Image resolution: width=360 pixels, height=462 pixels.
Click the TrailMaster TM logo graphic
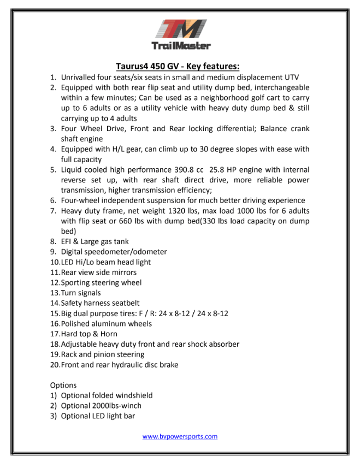coord(180,29)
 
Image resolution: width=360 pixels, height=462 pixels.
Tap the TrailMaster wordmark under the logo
coord(180,46)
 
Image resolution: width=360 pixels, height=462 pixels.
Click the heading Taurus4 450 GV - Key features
coord(179,66)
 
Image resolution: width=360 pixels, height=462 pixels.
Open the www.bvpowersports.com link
coord(180,436)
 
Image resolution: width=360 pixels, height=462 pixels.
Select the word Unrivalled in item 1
coord(80,77)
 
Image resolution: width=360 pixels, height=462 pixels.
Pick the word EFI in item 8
coord(67,241)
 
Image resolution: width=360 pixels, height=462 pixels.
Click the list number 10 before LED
coord(54,262)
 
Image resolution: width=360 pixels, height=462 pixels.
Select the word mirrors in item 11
coord(122,273)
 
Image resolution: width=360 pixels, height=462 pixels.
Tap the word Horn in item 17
coord(109,334)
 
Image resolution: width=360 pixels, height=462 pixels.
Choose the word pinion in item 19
coord(106,354)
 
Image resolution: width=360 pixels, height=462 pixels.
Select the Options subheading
coord(63,386)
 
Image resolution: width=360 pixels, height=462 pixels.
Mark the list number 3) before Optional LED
coord(54,416)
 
